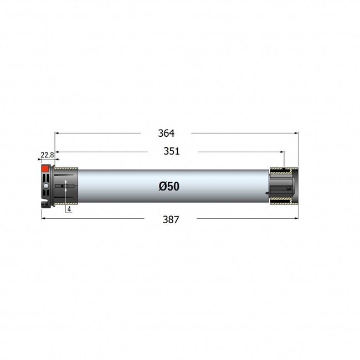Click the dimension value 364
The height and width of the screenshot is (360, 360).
[x=166, y=133]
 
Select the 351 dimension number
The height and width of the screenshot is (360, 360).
[x=172, y=152]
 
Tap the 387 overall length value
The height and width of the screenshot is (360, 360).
[x=171, y=219]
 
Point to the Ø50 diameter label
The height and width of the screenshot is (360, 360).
[x=168, y=187]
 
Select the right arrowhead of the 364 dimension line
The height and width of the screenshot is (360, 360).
[x=295, y=133]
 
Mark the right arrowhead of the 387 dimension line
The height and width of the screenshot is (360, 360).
[x=295, y=218]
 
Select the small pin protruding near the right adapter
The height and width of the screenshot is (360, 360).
[x=268, y=193]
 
